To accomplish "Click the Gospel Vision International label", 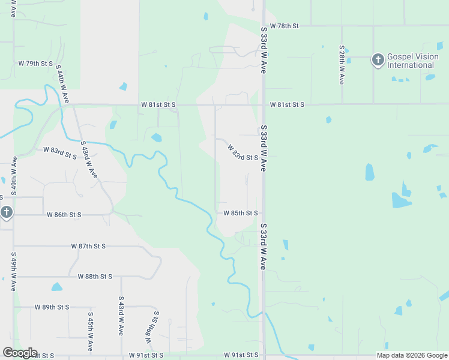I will [411, 61].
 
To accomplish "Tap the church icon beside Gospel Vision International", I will [378, 59].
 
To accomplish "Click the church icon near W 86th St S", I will [6, 212].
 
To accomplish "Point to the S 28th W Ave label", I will [342, 64].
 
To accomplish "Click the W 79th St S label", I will [35, 63].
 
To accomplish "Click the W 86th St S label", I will [64, 214].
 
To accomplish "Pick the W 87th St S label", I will [88, 247].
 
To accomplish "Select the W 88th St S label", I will [95, 277].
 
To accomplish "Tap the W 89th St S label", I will [52, 307].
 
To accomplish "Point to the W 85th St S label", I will [241, 213].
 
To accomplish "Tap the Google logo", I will [20, 353].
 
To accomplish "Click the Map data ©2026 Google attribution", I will [412, 355].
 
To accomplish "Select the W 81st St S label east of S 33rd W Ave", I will [287, 105].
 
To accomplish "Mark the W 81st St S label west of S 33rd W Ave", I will [158, 105].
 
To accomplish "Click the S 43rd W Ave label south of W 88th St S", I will [121, 315].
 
